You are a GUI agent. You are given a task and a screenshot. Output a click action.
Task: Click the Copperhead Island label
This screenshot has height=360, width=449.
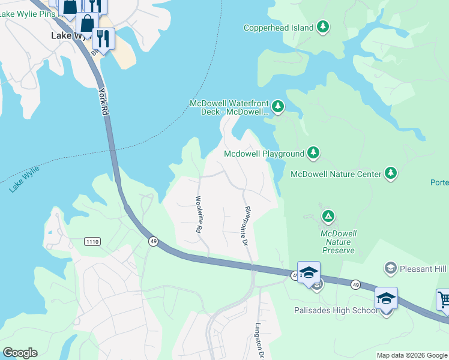tap(279, 28)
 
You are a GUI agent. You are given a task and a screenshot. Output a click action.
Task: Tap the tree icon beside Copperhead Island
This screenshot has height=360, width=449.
tap(324, 27)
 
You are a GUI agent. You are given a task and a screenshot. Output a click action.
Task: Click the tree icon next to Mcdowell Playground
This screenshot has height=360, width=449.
tap(313, 154)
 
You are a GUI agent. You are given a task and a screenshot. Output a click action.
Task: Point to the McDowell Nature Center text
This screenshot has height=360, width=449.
tap(336, 174)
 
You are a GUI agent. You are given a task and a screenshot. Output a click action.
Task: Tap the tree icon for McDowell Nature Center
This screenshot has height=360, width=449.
tap(391, 173)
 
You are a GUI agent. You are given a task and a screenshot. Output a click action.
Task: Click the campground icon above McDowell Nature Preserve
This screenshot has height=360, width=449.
tap(328, 216)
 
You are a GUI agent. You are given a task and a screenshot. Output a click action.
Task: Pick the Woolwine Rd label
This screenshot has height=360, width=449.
tap(197, 214)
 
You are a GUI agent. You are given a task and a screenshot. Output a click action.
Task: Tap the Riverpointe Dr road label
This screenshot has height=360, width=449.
tap(246, 226)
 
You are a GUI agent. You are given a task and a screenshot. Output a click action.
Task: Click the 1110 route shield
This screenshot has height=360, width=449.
tap(92, 241)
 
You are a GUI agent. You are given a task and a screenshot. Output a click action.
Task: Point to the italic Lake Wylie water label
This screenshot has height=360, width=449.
tap(25, 179)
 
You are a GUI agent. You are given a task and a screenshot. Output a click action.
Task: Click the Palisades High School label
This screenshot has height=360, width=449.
tap(336, 310)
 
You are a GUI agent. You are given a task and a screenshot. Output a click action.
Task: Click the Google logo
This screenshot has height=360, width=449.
tap(20, 352)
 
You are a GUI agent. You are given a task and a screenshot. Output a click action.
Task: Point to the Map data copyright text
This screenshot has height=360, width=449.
tap(412, 355)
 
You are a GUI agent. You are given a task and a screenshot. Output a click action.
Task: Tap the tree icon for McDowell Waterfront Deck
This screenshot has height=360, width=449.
tap(277, 107)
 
